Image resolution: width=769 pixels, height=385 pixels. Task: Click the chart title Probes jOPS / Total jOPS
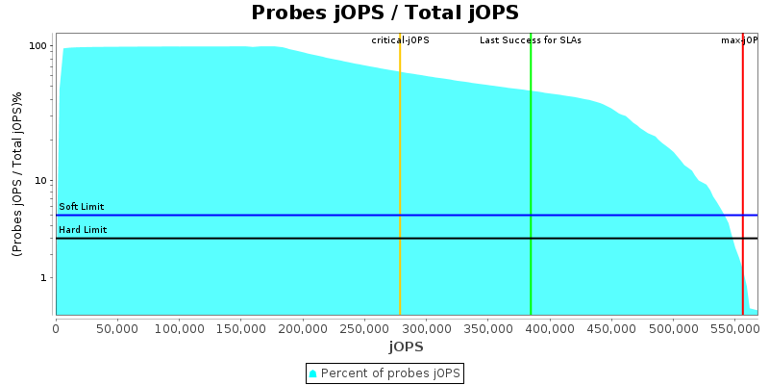384,13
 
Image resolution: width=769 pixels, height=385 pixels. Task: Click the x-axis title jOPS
406,346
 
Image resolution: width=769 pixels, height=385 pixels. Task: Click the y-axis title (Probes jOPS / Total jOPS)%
17,174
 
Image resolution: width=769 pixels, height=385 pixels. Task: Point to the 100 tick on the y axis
38,46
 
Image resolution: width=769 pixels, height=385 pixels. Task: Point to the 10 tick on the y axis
41,180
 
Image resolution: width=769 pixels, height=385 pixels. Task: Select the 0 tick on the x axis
56,328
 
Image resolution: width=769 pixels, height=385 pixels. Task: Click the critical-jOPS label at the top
400,40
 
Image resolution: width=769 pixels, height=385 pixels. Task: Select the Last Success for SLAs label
531,40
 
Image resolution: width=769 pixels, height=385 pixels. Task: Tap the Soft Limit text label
82,207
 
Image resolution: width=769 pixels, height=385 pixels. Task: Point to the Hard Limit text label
83,230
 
